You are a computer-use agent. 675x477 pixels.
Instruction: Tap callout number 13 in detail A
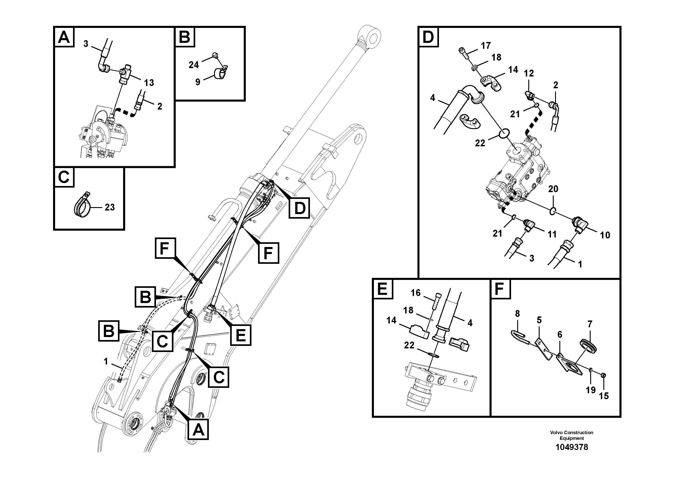point(149,83)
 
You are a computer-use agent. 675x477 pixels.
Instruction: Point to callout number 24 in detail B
point(194,65)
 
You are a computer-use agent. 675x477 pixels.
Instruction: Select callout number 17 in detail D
point(486,46)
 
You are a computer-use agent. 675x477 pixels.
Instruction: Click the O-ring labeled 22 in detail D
point(503,134)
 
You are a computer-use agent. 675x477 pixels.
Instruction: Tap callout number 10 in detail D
point(605,235)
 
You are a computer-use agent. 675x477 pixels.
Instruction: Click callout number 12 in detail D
point(529,73)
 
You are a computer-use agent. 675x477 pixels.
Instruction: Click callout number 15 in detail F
point(604,396)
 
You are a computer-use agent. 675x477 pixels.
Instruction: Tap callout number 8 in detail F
point(517,314)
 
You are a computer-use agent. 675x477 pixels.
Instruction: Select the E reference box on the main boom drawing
point(241,335)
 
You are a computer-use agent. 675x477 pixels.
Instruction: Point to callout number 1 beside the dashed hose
point(106,361)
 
